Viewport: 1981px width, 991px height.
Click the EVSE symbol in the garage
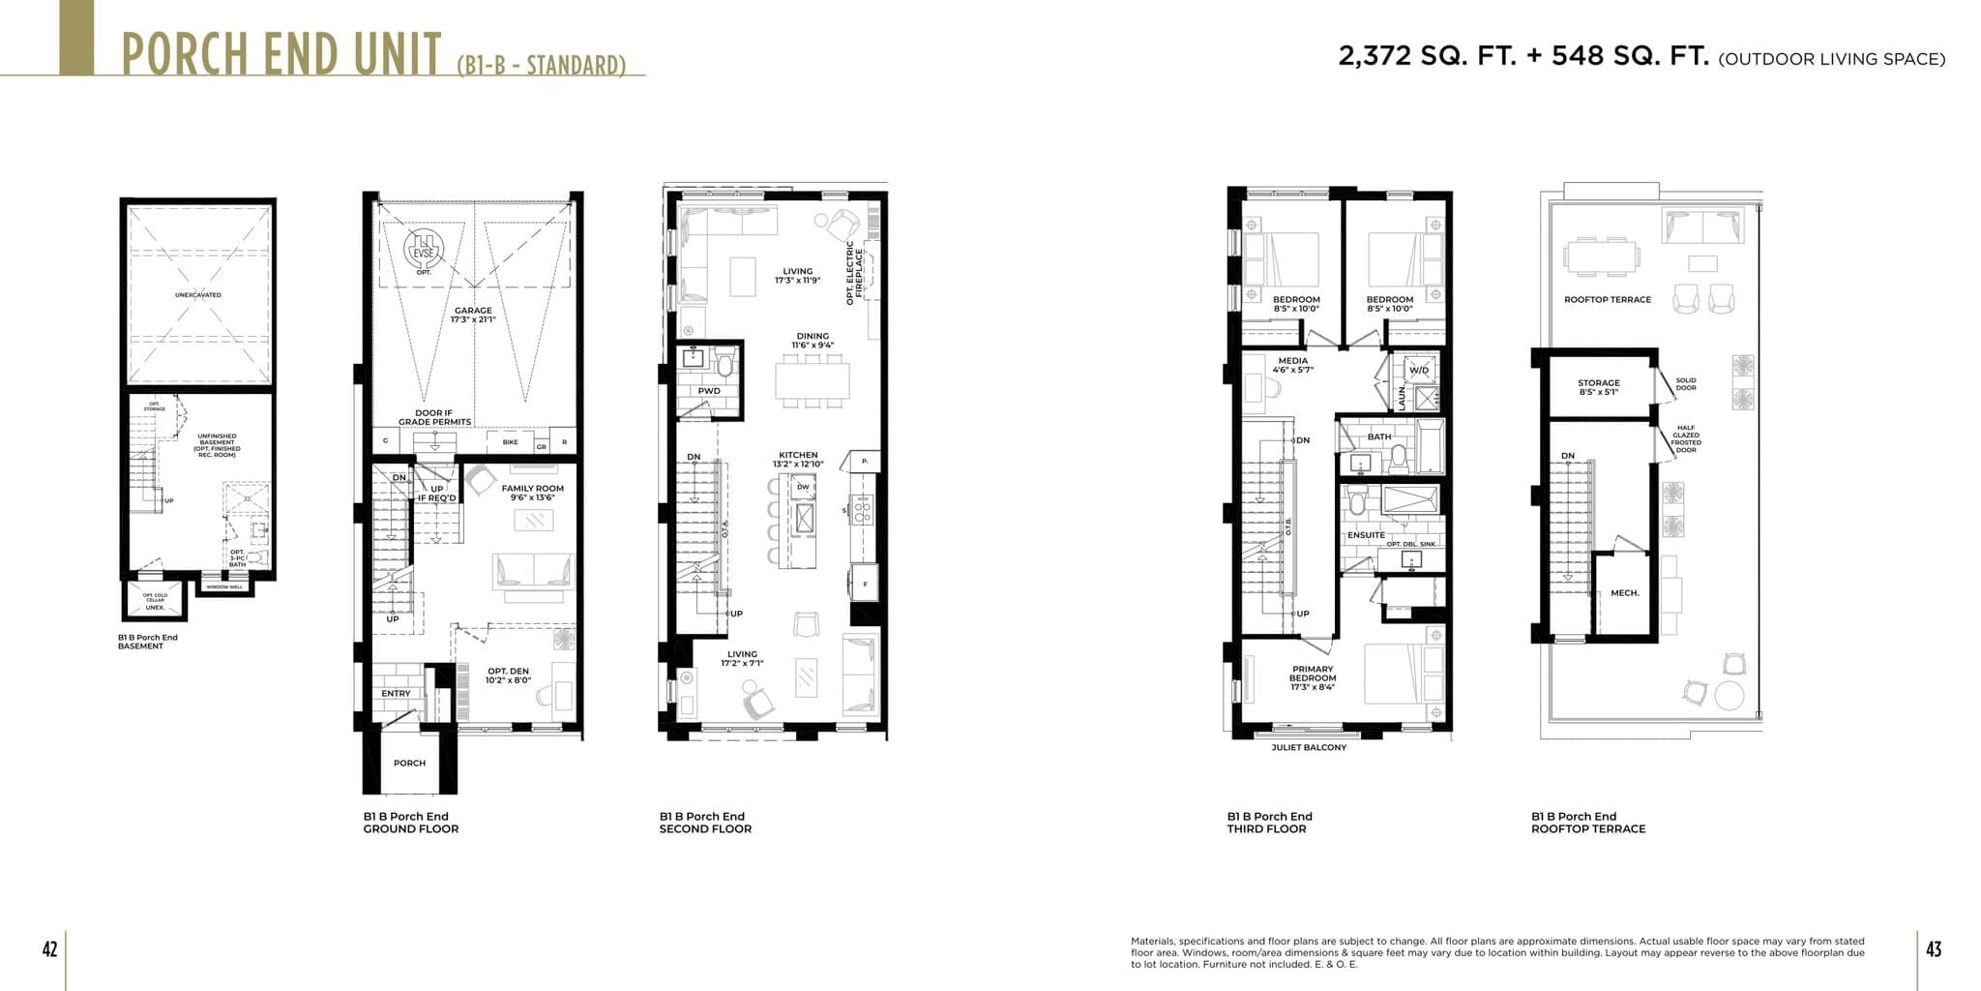tap(423, 251)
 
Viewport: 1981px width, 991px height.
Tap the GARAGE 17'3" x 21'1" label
tap(473, 315)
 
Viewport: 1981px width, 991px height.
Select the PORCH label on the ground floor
tap(409, 763)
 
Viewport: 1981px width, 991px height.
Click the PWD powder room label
tap(709, 391)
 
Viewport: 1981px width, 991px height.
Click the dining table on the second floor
tap(812, 379)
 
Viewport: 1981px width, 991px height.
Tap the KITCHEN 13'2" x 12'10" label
tap(798, 460)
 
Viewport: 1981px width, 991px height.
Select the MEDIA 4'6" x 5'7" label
tap(1292, 365)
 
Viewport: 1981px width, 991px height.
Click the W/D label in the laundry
tap(1419, 371)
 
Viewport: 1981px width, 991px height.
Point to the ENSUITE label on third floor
tap(1366, 535)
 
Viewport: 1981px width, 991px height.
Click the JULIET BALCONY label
tap(1309, 747)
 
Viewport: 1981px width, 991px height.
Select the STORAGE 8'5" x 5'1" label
tap(1598, 387)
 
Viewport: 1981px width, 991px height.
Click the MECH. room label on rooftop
tap(1624, 593)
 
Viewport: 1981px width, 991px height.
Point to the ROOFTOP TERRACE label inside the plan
tap(1608, 299)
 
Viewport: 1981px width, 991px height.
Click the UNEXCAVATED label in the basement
tap(197, 294)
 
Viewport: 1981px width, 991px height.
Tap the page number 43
tap(1933, 949)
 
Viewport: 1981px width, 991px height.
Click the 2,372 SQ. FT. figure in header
tap(1426, 56)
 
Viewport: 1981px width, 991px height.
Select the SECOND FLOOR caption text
tap(705, 829)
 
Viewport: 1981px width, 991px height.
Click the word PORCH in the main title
tap(185, 54)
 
